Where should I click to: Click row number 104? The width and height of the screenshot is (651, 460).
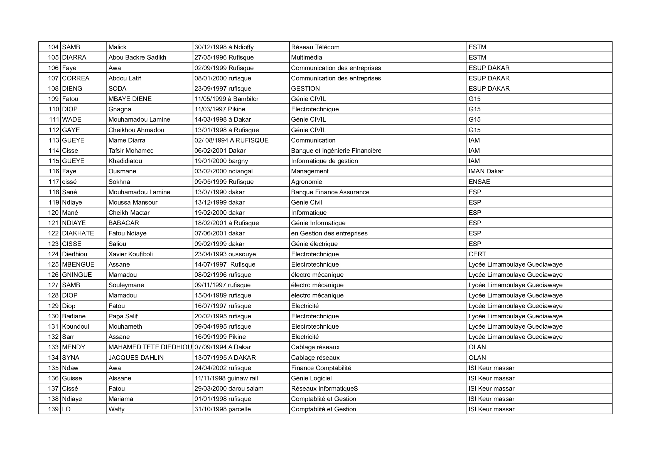click(53, 47)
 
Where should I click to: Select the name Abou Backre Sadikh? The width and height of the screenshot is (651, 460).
click(137, 58)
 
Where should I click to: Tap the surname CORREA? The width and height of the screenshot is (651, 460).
click(75, 78)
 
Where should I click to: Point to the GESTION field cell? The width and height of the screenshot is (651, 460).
click(305, 88)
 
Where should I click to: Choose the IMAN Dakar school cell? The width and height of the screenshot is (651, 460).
click(486, 171)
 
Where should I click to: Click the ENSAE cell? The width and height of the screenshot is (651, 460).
click(479, 182)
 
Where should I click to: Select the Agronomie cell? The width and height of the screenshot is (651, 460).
click(306, 182)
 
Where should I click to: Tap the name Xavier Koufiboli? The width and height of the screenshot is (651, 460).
click(131, 254)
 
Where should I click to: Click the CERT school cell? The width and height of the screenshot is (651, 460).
click(477, 254)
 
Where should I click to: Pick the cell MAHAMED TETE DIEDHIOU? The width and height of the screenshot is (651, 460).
click(150, 347)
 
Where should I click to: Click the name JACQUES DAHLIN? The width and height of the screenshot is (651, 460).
click(136, 358)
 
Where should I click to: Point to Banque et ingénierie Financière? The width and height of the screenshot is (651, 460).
click(336, 151)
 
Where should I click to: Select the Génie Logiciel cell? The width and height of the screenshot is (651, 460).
click(311, 378)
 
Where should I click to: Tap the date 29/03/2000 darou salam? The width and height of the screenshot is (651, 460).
click(229, 388)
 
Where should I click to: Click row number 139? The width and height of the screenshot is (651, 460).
click(53, 409)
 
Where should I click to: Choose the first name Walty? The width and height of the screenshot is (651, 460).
click(117, 409)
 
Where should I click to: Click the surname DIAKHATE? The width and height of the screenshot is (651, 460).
click(78, 233)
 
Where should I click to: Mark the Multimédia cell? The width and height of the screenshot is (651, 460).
click(306, 58)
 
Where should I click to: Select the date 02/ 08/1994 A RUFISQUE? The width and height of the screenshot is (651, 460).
click(231, 140)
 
